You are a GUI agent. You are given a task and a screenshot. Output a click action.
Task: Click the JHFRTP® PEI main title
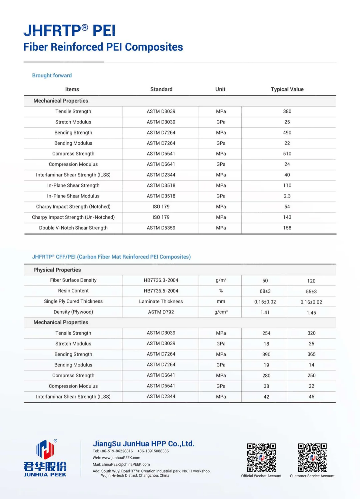tap(69, 31)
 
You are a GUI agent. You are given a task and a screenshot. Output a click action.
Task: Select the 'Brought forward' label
tap(52, 75)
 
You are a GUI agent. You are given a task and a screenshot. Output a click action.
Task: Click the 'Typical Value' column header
tap(287, 89)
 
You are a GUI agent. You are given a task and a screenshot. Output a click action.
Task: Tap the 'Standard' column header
tap(161, 89)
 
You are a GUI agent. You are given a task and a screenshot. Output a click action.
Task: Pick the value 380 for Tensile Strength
tap(287, 111)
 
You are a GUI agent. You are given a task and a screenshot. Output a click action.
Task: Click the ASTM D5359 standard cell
tap(161, 228)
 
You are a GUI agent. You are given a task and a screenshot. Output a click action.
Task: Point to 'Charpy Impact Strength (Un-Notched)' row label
tap(73, 217)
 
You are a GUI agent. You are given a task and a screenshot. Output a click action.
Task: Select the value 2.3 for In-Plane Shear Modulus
tap(287, 196)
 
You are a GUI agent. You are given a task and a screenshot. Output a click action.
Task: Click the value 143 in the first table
tap(287, 217)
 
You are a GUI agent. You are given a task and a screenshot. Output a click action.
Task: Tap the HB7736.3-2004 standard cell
tap(161, 280)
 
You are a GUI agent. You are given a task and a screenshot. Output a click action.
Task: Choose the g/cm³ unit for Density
tap(221, 312)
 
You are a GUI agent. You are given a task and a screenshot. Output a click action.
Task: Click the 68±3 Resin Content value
tap(265, 291)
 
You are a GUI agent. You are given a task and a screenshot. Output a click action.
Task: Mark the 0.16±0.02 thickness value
tap(311, 302)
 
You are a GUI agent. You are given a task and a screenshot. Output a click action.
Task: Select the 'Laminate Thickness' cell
tap(161, 302)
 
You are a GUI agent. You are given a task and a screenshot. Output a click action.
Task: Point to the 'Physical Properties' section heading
tap(57, 270)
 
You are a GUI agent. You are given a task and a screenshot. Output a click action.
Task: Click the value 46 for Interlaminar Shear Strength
tap(311, 397)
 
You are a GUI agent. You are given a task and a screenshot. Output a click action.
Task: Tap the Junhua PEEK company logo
tap(45, 458)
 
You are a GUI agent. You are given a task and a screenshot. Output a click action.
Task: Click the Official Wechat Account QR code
tap(261, 458)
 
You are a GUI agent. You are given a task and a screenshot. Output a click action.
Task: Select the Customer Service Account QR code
tap(312, 458)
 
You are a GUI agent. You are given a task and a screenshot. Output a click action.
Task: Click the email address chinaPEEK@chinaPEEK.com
tap(126, 464)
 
